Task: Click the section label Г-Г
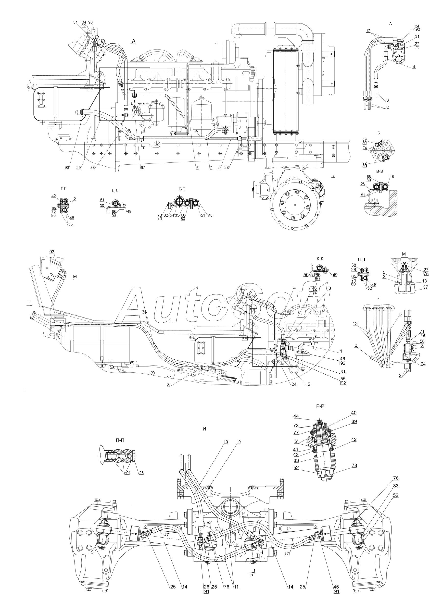(64, 189)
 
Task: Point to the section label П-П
(120, 440)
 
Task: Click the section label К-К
(320, 258)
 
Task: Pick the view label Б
(379, 133)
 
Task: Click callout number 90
(67, 168)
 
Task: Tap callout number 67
(143, 168)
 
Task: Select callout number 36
(144, 312)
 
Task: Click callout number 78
(354, 465)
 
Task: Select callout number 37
(425, 287)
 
